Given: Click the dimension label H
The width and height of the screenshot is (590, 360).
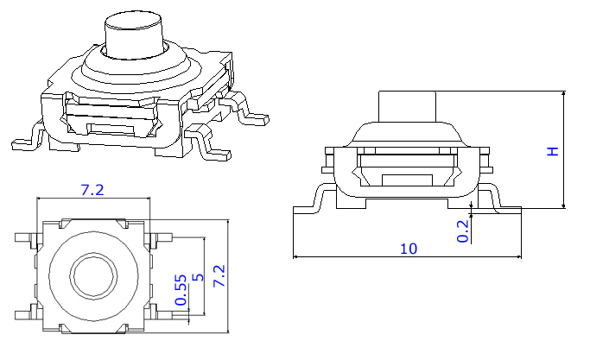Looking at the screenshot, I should click(554, 150).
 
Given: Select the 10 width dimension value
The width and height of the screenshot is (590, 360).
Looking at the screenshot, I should click(409, 249).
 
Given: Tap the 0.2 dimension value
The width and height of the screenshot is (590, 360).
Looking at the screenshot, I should click(463, 231).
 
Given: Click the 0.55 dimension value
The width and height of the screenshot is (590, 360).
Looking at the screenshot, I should click(181, 290).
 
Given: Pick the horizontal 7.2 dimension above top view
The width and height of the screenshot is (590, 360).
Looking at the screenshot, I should click(92, 191).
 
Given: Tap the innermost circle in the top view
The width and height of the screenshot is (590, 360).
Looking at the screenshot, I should click(92, 275).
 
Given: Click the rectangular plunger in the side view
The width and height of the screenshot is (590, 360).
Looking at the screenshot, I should click(408, 107).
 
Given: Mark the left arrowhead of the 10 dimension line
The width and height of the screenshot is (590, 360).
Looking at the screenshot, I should click(296, 256).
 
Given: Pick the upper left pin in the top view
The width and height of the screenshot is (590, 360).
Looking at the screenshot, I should click(23, 237).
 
